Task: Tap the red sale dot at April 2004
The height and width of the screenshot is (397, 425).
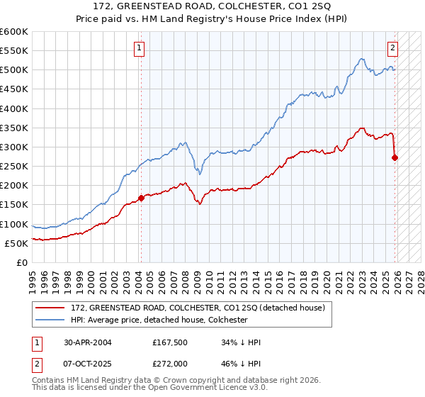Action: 141,198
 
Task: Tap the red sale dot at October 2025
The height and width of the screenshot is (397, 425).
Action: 395,157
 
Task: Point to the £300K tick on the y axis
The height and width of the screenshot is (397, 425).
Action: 14,147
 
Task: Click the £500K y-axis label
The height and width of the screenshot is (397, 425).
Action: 14,70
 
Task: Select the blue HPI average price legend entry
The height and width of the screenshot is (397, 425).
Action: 158,320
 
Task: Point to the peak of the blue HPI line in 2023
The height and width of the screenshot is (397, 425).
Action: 361,59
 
